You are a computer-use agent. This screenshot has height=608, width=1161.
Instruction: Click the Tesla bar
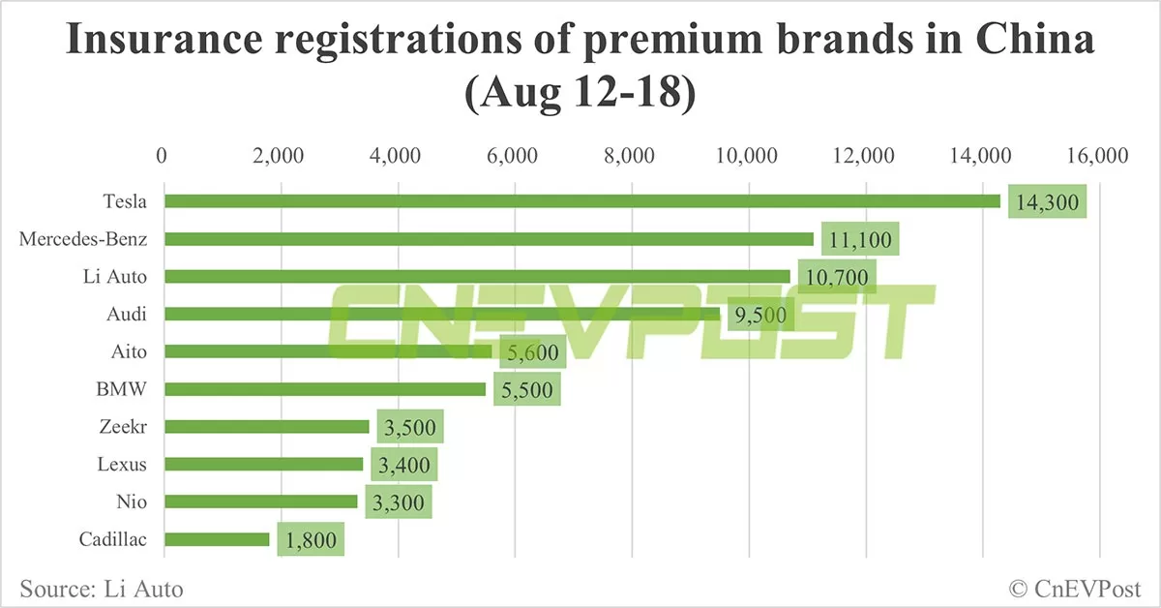pyautogui.click(x=580, y=200)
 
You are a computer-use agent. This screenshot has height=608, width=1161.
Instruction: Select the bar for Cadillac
pyautogui.click(x=217, y=539)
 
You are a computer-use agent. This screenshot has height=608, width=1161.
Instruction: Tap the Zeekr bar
pyautogui.click(x=267, y=426)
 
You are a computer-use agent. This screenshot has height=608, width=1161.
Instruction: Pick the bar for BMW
pyautogui.click(x=325, y=389)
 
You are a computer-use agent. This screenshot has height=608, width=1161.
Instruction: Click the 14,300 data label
pyautogui.click(x=1047, y=202)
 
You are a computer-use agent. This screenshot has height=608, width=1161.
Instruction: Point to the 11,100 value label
pyautogui.click(x=860, y=240)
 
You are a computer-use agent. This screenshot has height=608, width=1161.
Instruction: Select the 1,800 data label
pyautogui.click(x=311, y=539)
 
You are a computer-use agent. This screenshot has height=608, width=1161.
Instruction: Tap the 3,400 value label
pyautogui.click(x=403, y=465)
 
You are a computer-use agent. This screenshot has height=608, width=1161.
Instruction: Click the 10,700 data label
pyautogui.click(x=837, y=277)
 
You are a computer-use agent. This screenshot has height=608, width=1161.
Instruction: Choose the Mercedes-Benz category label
pyautogui.click(x=83, y=239)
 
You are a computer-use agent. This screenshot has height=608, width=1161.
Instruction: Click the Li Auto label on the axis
pyautogui.click(x=114, y=277)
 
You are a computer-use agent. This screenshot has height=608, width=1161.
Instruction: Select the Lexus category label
pyautogui.click(x=122, y=464)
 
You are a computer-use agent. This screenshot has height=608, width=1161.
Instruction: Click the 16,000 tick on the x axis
pyautogui.click(x=1100, y=156)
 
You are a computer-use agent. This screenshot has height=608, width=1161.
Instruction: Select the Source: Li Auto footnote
pyautogui.click(x=101, y=588)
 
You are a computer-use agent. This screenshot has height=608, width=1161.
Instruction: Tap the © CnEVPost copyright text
pyautogui.click(x=1075, y=588)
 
